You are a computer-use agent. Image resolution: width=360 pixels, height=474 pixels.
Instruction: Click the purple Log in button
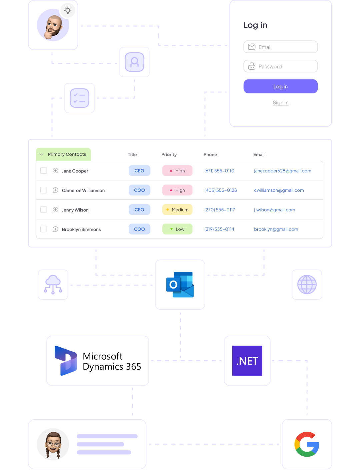click(280, 86)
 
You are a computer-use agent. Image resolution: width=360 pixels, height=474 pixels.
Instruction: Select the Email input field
click(280, 47)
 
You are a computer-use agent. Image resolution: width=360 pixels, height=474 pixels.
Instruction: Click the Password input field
click(280, 66)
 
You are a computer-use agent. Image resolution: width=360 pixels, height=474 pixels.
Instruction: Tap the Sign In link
click(280, 103)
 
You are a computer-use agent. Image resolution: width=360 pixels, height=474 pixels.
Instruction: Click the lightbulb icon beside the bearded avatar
click(68, 10)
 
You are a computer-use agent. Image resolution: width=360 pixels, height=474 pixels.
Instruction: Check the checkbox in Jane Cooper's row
click(44, 170)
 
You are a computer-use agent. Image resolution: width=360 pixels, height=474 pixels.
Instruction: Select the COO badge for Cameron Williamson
click(139, 190)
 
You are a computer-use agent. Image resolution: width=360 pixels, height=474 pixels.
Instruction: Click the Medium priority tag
click(177, 209)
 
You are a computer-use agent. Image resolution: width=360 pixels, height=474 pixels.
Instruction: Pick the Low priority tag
click(177, 229)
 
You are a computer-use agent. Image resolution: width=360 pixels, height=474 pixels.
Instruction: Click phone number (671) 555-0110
click(219, 171)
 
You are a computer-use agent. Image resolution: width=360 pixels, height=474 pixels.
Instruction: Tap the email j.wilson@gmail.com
click(274, 210)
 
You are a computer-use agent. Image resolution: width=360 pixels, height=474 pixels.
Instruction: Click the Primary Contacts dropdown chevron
click(42, 154)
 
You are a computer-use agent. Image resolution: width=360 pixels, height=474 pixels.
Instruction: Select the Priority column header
click(169, 154)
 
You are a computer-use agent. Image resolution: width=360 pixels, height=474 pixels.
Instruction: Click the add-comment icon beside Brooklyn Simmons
click(55, 229)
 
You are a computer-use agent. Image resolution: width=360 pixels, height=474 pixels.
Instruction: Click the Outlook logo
click(180, 285)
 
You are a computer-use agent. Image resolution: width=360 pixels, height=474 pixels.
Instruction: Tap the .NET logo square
click(247, 361)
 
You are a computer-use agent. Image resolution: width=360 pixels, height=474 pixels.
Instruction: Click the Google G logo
click(307, 444)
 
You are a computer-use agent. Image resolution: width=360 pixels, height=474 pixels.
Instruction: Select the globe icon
click(307, 285)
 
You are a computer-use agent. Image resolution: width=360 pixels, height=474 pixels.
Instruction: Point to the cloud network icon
click(53, 285)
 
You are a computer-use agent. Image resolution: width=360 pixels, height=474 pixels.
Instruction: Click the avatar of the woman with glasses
click(53, 444)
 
